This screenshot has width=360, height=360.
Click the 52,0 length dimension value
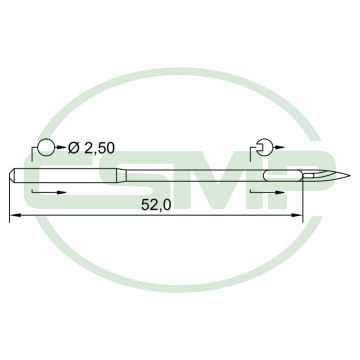point(156,205)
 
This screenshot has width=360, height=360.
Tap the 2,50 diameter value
point(99,148)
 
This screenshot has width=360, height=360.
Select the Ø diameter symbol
point(74,148)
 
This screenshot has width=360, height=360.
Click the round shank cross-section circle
point(46,147)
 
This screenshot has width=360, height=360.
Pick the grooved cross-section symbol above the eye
point(265,147)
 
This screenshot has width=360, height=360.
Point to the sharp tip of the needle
point(349,175)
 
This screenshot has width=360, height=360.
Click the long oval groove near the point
point(283,175)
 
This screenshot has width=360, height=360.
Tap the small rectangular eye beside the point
point(308,175)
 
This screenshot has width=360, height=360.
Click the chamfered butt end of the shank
point(12,176)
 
